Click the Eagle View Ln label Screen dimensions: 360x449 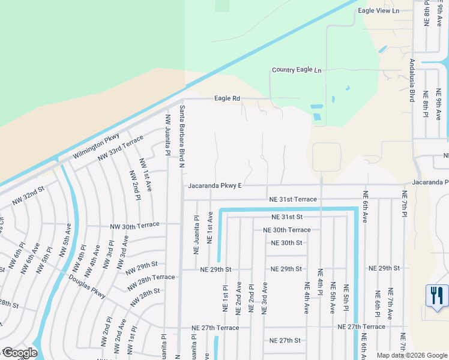click(x=378, y=11)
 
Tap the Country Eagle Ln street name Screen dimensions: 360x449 click(x=297, y=70)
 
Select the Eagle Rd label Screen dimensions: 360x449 click(x=228, y=98)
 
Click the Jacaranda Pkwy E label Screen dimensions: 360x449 click(x=214, y=186)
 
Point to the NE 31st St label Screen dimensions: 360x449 click(x=286, y=217)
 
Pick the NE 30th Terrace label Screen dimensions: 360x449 click(x=286, y=230)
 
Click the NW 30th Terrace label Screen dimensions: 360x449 click(x=134, y=225)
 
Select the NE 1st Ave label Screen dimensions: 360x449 click(x=210, y=227)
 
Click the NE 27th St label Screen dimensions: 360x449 click(x=285, y=340)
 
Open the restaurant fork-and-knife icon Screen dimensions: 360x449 click(x=436, y=295)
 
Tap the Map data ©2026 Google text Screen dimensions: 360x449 click(x=411, y=355)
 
